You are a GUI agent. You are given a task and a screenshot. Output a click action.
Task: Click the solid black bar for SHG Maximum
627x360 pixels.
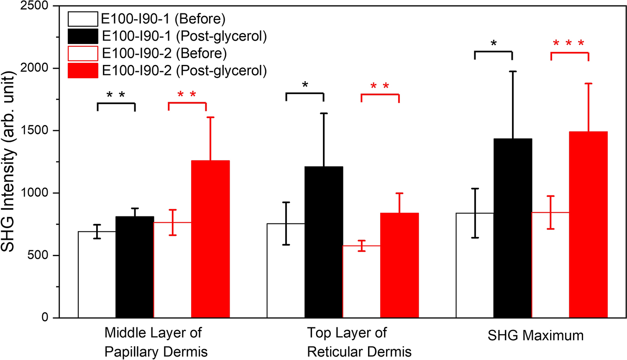[x=512, y=228]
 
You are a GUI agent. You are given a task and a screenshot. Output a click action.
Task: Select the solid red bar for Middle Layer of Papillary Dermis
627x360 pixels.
[x=210, y=239]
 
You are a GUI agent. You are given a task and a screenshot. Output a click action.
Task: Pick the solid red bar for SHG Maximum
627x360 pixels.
[x=588, y=225]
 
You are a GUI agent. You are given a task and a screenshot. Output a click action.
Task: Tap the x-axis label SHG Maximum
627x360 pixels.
[x=535, y=335]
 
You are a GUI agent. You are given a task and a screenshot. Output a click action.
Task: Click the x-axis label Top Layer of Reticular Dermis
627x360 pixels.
[x=359, y=342]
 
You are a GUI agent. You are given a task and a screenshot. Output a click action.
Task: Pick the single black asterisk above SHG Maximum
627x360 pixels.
[x=494, y=43]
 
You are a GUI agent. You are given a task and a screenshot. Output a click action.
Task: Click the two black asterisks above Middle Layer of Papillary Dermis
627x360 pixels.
[x=116, y=95]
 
